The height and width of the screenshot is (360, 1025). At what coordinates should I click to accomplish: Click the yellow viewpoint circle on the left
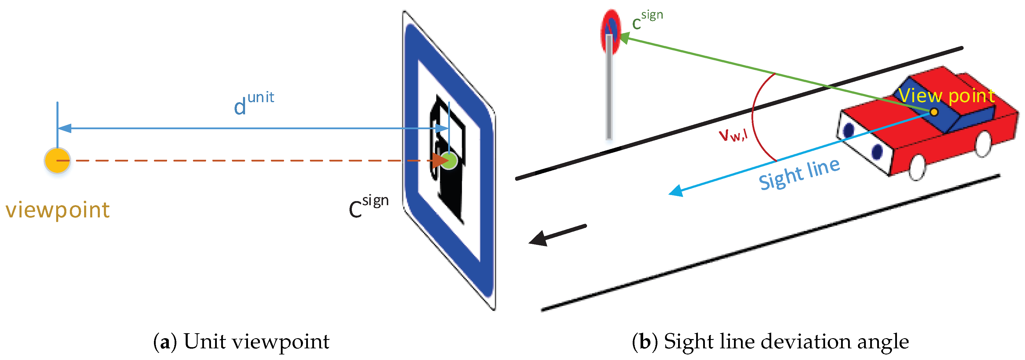pyautogui.click(x=57, y=160)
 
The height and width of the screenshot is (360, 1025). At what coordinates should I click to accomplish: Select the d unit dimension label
pyautogui.click(x=253, y=103)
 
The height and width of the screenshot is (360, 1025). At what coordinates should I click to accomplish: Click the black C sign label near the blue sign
pyautogui.click(x=368, y=206)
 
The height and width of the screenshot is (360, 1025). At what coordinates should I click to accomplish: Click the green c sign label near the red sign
pyautogui.click(x=647, y=20)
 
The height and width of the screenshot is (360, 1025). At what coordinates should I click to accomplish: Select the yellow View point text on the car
pyautogui.click(x=946, y=96)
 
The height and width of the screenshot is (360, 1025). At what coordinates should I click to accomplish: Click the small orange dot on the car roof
pyautogui.click(x=934, y=112)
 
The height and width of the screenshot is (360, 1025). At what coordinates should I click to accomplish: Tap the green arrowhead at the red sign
pyautogui.click(x=625, y=38)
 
